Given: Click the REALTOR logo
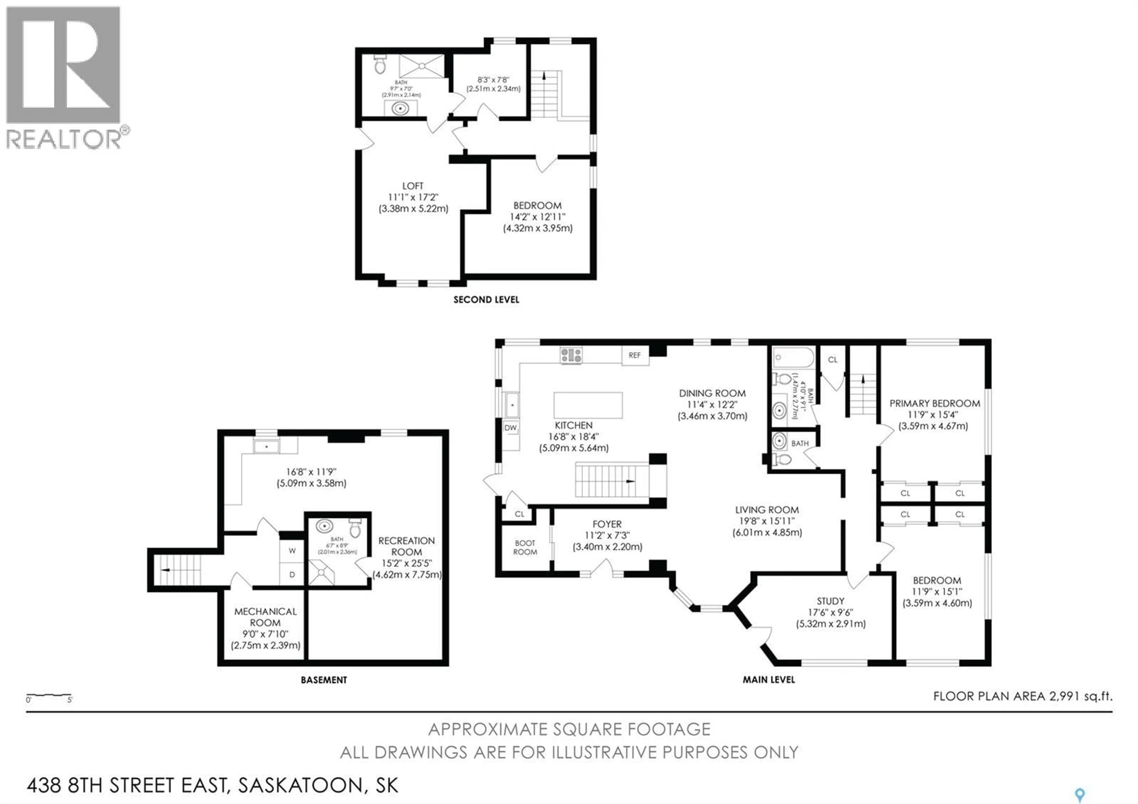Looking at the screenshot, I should pyautogui.click(x=63, y=77).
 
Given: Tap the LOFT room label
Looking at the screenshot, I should pyautogui.click(x=413, y=186).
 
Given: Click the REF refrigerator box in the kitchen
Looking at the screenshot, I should pyautogui.click(x=635, y=355).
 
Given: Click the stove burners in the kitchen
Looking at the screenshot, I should pyautogui.click(x=571, y=355).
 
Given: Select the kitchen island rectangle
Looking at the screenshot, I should pyautogui.click(x=588, y=405).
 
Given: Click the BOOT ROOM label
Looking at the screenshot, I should pyautogui.click(x=525, y=547).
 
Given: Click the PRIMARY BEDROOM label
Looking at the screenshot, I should pyautogui.click(x=934, y=403).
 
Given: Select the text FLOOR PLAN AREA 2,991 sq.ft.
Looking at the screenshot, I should pyautogui.click(x=1022, y=696).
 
